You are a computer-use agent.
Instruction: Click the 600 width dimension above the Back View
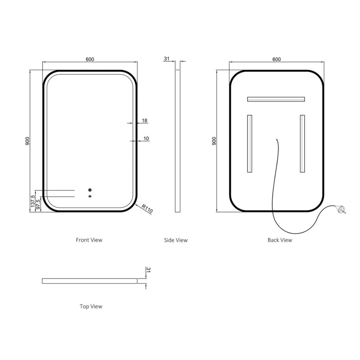click(276, 58)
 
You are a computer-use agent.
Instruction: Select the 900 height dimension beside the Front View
click(27, 141)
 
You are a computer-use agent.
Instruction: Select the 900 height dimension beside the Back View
click(214, 141)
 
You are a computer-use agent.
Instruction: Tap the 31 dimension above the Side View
click(166, 58)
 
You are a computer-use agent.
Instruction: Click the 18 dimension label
click(144, 120)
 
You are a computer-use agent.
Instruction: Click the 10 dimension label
click(146, 138)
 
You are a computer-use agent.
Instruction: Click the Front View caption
click(89, 240)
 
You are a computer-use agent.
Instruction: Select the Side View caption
click(175, 240)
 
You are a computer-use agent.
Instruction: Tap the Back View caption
click(280, 240)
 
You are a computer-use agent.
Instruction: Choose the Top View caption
click(91, 306)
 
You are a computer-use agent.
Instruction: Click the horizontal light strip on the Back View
click(275, 99)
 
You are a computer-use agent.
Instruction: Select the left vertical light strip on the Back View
click(249, 144)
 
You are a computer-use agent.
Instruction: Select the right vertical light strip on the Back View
click(302, 144)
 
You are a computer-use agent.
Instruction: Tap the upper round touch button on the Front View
click(90, 190)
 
